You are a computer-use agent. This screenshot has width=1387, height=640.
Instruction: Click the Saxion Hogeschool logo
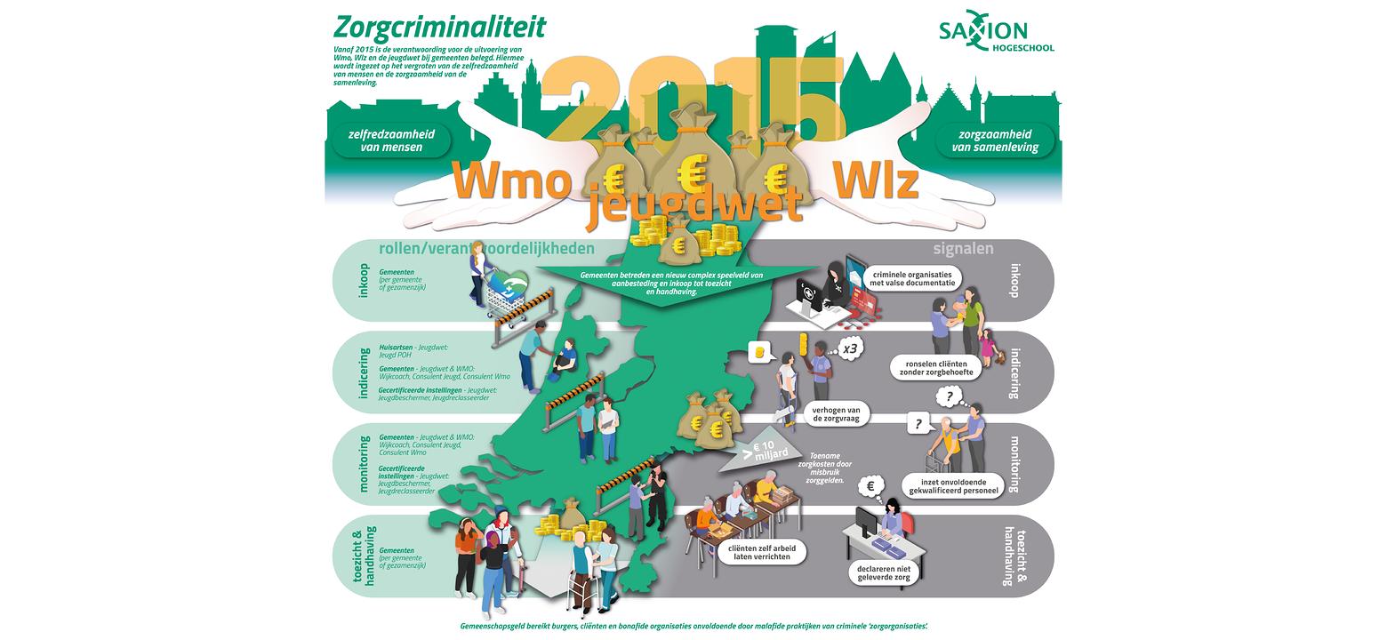pyautogui.click(x=996, y=36)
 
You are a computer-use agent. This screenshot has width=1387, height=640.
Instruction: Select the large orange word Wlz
pyautogui.click(x=874, y=181)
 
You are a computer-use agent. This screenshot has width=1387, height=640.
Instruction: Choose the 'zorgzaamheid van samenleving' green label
pyautogui.click(x=994, y=140)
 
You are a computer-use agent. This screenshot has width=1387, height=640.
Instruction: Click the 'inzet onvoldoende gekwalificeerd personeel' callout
pyautogui.click(x=950, y=485)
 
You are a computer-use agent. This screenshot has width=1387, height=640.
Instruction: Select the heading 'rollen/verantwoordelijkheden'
pyautogui.click(x=486, y=250)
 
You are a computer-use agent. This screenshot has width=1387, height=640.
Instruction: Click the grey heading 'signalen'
pyautogui.click(x=963, y=250)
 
